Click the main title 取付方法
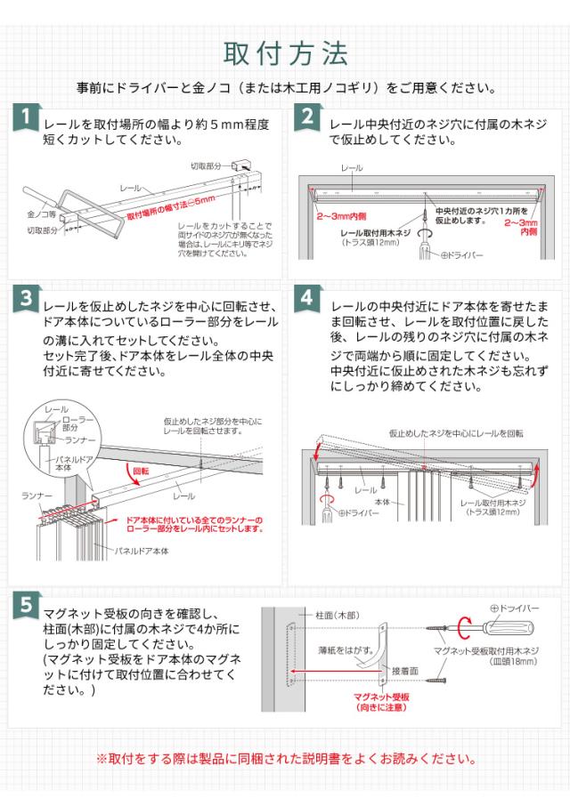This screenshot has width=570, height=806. tap(285, 53)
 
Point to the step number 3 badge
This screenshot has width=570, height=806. tap(27, 298)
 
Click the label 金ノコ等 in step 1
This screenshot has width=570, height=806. tap(42, 215)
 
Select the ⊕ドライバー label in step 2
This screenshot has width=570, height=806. tap(462, 254)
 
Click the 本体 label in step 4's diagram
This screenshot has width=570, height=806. tap(383, 502)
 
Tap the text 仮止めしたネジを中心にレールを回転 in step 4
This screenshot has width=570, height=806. tap(455, 433)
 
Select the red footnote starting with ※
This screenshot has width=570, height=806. tap(285, 759)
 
